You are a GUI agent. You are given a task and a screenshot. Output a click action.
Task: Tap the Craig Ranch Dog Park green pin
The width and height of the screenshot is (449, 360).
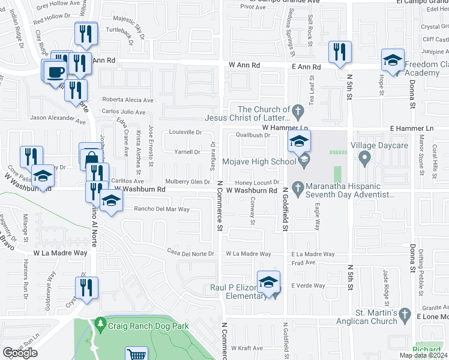pyautogui.click(x=100, y=325)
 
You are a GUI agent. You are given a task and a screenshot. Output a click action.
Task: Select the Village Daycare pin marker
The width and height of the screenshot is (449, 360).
pyautogui.click(x=364, y=158)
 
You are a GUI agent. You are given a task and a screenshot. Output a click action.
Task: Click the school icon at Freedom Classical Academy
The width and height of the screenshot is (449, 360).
pyautogui.click(x=393, y=61)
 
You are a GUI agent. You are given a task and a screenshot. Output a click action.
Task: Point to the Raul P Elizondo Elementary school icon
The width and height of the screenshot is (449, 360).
pyautogui.click(x=269, y=283)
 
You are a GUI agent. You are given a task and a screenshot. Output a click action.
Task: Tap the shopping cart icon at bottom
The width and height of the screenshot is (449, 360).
pyautogui.click(x=137, y=355)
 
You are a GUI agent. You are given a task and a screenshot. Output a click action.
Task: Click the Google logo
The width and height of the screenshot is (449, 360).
pyautogui.click(x=20, y=353)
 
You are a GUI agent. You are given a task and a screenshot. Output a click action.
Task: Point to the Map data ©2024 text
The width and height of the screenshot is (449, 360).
pyautogui.click(x=423, y=355)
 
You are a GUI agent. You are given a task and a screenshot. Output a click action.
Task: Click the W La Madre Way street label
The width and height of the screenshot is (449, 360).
pyautogui.click(x=61, y=253)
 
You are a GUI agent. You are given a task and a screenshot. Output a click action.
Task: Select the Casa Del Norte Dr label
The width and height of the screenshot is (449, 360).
pyautogui.click(x=191, y=253)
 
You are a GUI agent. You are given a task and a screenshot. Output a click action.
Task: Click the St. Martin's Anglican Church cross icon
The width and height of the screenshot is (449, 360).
pyautogui.click(x=405, y=315)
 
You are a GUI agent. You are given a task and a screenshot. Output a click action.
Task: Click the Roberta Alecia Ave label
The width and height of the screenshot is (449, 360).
pyautogui.click(x=128, y=100)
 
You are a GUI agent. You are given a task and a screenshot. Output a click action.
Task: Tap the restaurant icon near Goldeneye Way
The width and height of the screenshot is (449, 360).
pyautogui.click(x=86, y=287)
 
